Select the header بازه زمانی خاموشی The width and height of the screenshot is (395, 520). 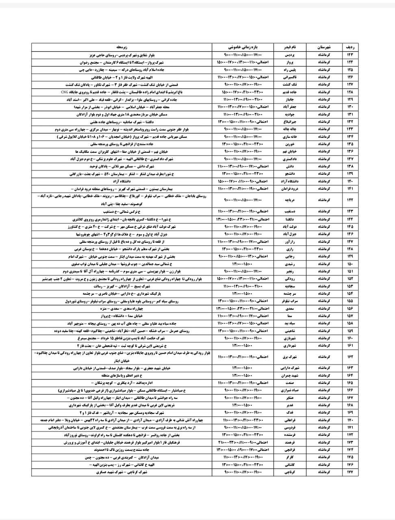click(243, 47)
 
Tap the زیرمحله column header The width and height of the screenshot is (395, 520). click(122, 47)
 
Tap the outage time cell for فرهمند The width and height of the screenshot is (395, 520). click(243, 442)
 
